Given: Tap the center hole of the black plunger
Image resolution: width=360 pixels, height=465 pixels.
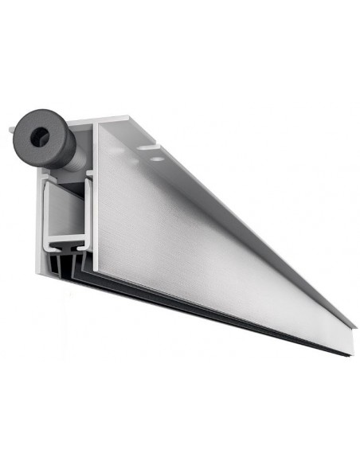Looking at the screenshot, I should click(x=43, y=138).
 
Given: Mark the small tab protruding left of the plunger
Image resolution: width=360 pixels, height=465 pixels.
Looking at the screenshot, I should click(x=12, y=127).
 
